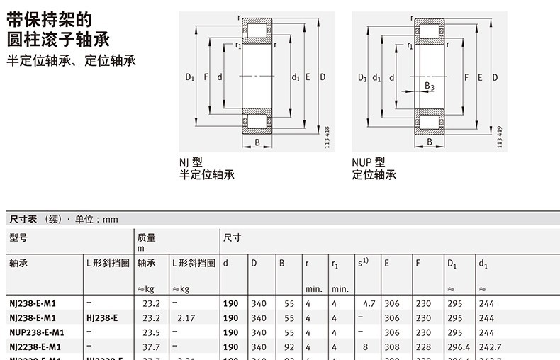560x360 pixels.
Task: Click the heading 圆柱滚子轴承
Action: point(58,38)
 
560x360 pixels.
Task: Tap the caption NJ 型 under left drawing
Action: point(191,162)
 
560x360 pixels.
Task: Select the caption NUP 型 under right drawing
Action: point(368,162)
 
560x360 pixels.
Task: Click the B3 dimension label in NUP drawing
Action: point(429,86)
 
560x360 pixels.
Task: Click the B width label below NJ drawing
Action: point(257,142)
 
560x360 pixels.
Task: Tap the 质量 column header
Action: point(146,237)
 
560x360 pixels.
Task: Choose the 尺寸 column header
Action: point(232,237)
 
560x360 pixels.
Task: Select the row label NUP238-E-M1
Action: point(37,332)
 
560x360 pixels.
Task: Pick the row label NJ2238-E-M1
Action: point(35,347)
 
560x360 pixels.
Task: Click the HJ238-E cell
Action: point(102,318)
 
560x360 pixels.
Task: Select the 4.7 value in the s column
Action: point(369,303)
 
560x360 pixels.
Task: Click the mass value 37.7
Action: point(151,347)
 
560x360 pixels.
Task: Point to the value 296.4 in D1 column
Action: point(459,347)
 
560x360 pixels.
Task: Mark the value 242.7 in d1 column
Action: point(489,347)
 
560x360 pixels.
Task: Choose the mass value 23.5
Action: point(151,332)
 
